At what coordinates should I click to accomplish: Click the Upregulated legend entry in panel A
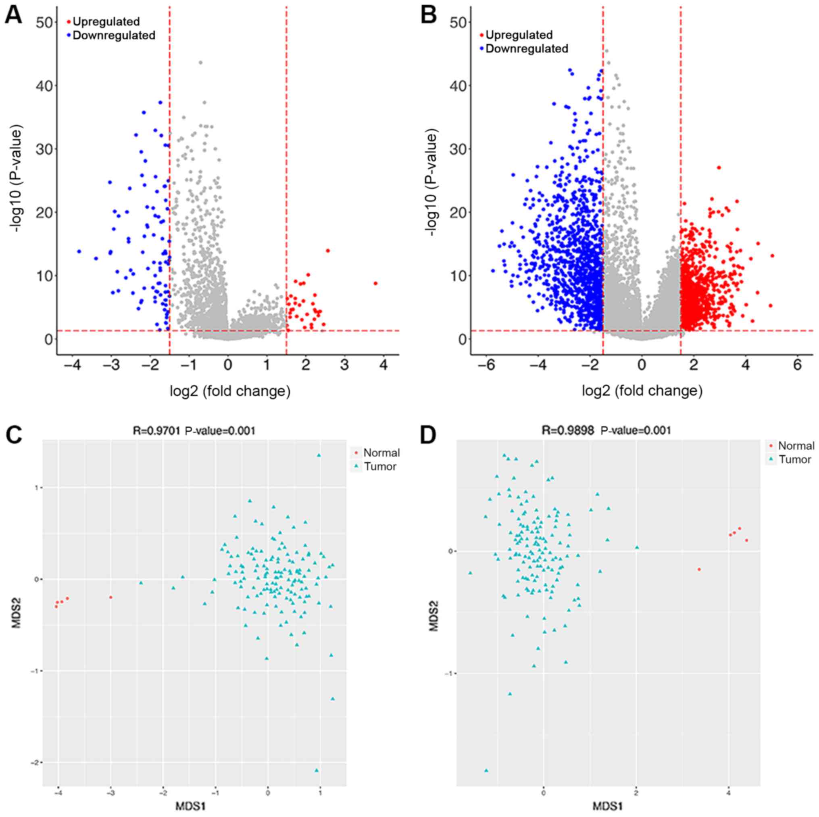tap(106, 22)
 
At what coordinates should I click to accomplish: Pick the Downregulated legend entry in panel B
tap(527, 49)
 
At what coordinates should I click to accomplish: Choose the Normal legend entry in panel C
tap(381, 453)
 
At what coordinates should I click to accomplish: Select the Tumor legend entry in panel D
tap(794, 460)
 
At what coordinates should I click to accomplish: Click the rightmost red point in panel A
tap(375, 283)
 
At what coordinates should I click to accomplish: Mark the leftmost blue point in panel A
tap(79, 251)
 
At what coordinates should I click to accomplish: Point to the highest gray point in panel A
tap(200, 63)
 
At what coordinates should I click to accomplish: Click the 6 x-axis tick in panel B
tap(797, 365)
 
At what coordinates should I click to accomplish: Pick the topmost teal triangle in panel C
tap(319, 455)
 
